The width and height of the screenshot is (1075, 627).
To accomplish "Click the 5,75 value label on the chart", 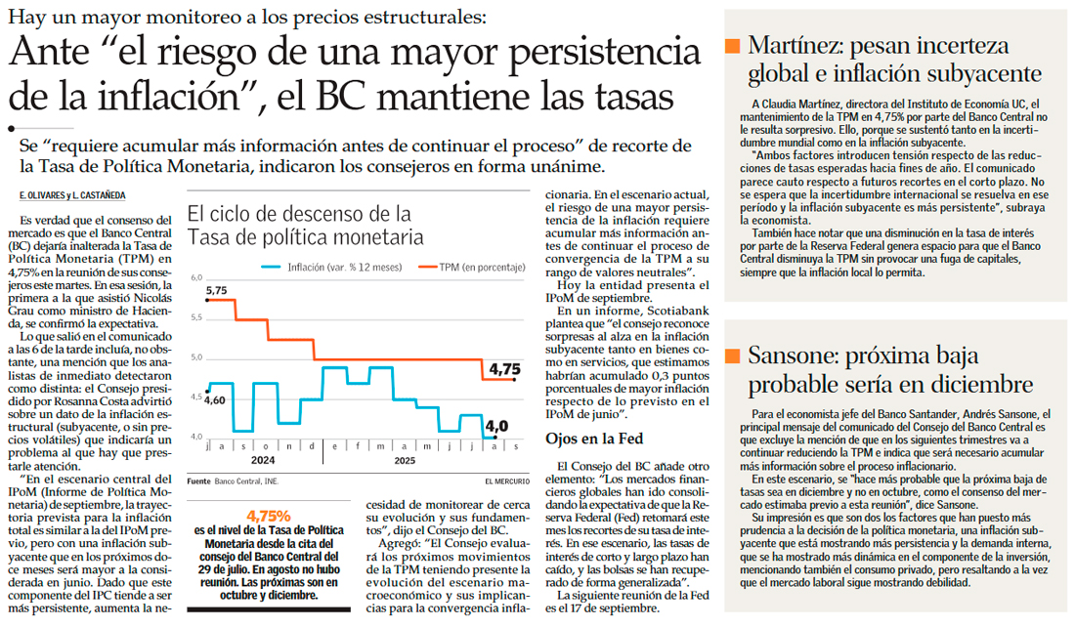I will [x=215, y=290].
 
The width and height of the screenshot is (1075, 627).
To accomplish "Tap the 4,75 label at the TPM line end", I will [x=505, y=369].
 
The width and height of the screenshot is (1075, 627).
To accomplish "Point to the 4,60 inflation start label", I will [x=215, y=399].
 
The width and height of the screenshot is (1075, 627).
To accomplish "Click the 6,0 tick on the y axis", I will [x=195, y=278].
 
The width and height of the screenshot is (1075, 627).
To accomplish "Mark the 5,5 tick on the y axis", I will [x=195, y=318].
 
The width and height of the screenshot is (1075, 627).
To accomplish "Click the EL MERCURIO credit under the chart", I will [x=506, y=481].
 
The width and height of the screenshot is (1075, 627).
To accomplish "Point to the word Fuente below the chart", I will [x=198, y=481].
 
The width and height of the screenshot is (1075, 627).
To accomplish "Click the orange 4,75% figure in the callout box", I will [x=269, y=515].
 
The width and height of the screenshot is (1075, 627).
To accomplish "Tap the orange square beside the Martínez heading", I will [x=732, y=46].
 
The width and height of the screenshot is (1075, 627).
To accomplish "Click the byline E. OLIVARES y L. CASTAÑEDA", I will [x=72, y=195].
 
